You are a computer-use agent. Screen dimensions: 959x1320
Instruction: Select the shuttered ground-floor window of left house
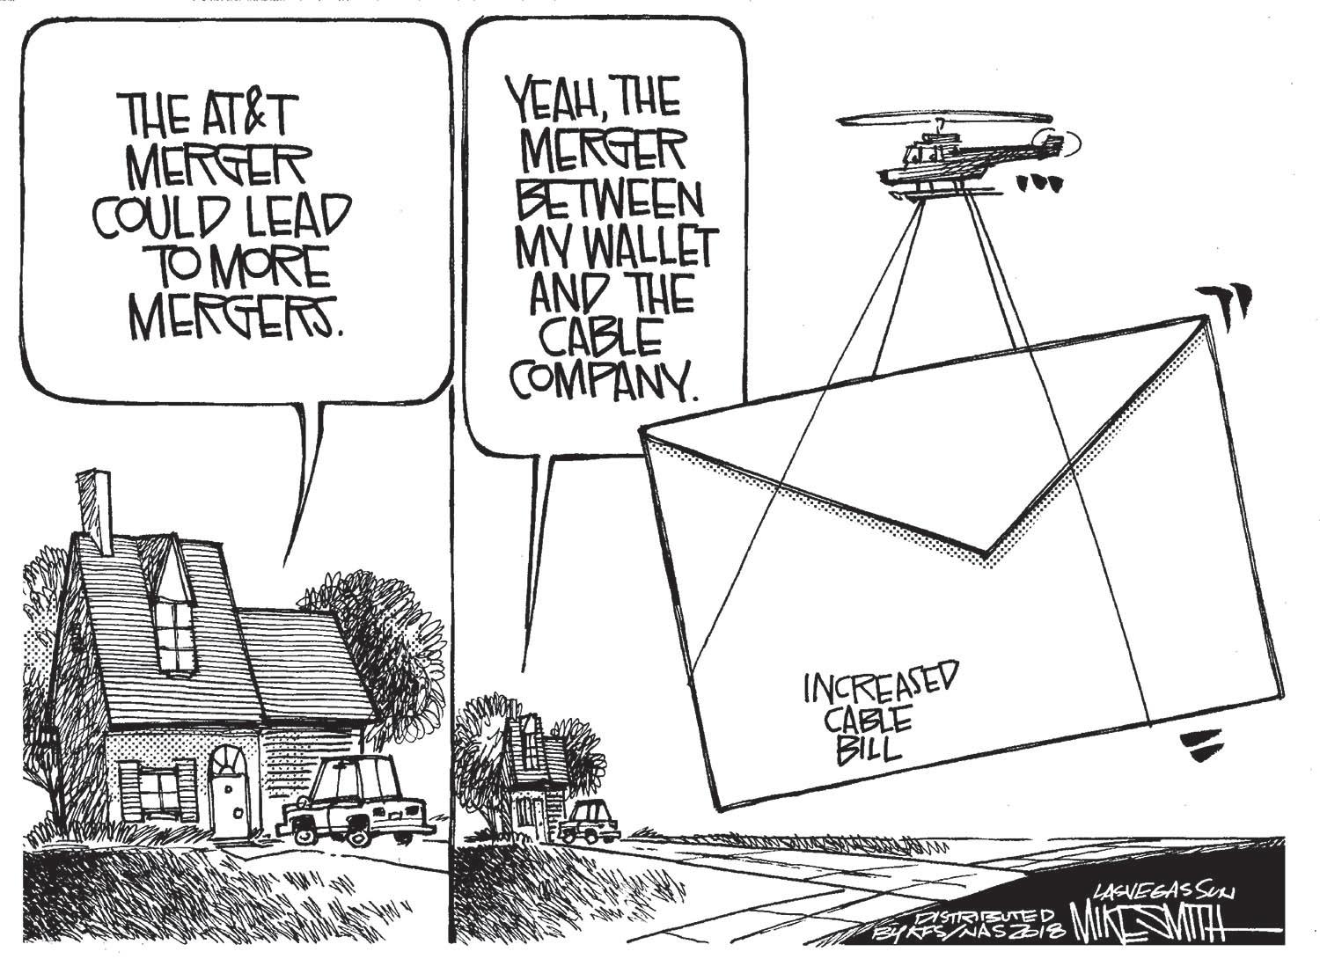point(158,787)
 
